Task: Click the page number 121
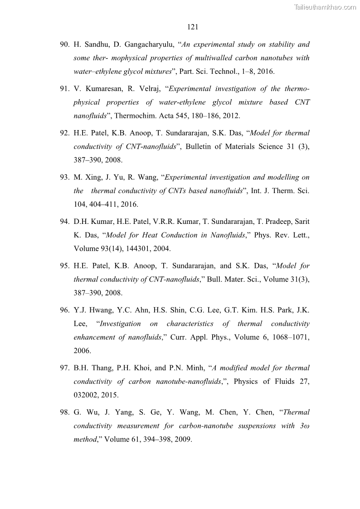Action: coord(192,27)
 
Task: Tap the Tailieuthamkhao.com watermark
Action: coord(325,7)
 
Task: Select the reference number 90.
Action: coord(64,44)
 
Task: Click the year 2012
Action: coord(232,116)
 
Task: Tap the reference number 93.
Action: coord(64,178)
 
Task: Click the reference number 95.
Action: coord(64,266)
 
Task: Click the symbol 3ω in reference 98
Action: coord(305,426)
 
